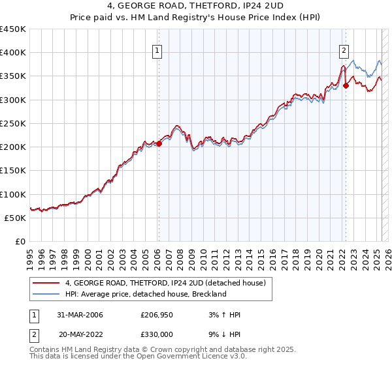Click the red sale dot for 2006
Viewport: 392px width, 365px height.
point(159,143)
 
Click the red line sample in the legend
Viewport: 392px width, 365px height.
point(46,284)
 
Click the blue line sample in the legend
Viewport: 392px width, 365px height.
point(46,294)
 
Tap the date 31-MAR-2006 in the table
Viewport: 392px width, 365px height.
point(80,315)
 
